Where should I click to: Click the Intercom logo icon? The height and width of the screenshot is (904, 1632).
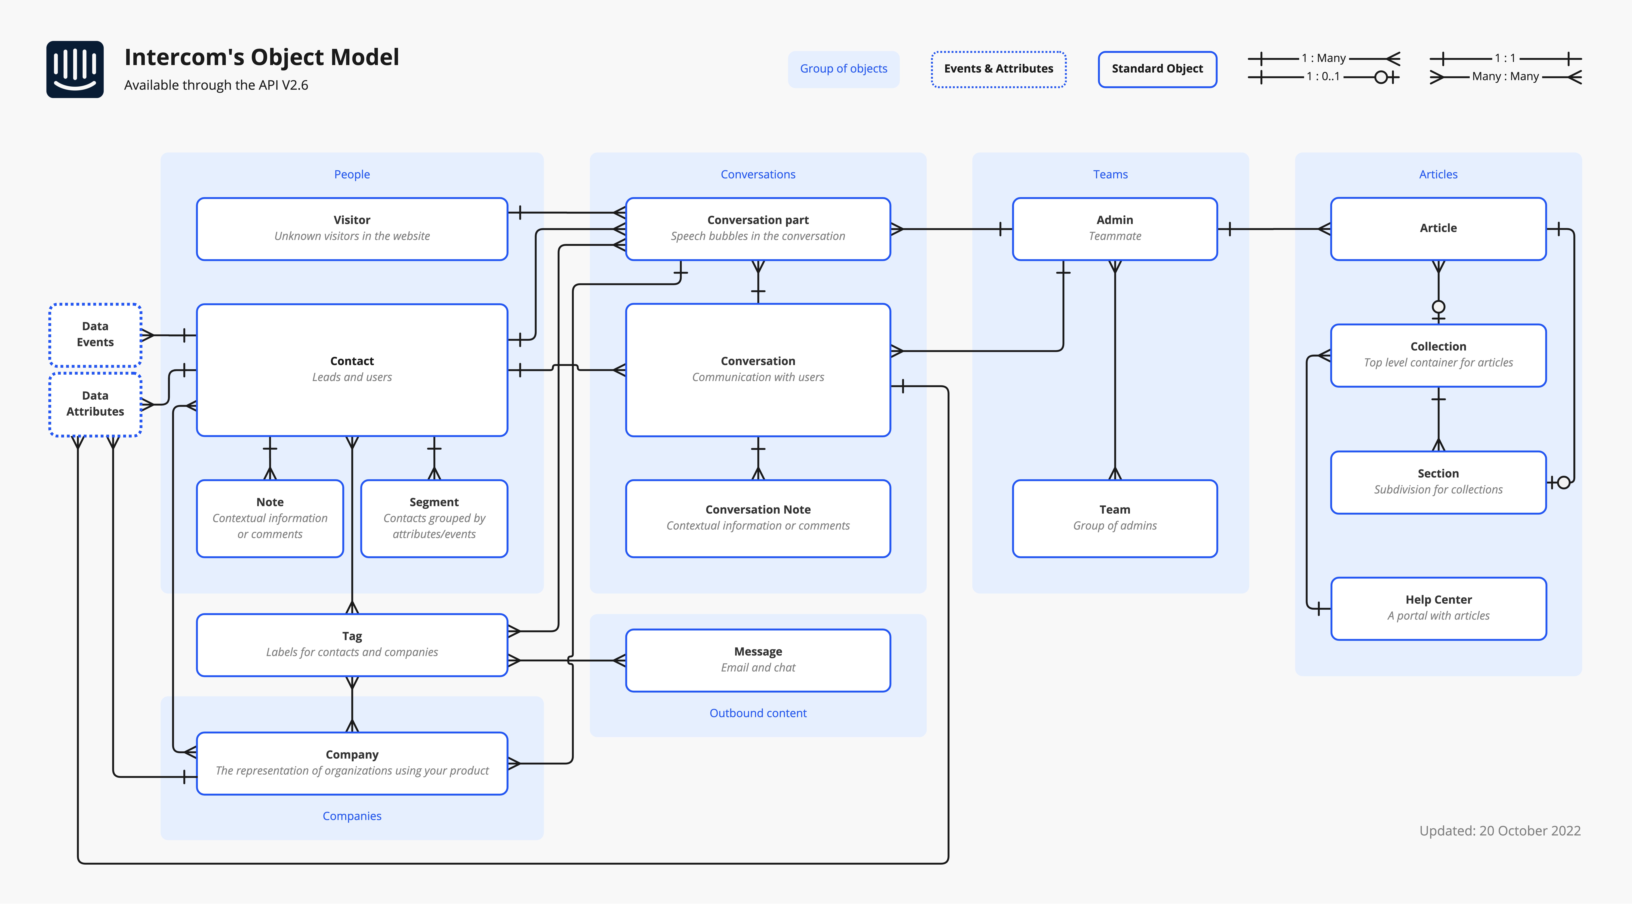tap(75, 70)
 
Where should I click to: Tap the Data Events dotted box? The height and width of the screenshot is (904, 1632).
tap(95, 335)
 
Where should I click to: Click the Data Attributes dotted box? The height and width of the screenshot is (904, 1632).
tap(95, 404)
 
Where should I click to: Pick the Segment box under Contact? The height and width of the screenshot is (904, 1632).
tap(434, 518)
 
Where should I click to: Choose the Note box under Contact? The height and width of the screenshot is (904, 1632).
tap(270, 518)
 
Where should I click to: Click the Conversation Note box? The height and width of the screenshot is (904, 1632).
tap(758, 518)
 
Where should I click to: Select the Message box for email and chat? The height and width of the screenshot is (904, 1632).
tap(758, 660)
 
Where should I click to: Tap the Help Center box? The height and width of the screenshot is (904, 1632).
tap(1438, 608)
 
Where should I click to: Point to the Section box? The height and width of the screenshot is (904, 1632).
tap(1438, 481)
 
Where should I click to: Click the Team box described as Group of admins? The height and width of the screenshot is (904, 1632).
tap(1114, 518)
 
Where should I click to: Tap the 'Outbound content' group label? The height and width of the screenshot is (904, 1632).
tap(758, 713)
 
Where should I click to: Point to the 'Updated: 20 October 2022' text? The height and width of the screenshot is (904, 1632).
tap(1500, 830)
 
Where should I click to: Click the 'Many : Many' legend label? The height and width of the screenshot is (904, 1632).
tap(1505, 77)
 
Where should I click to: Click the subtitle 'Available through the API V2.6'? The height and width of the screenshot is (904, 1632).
tap(216, 85)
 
